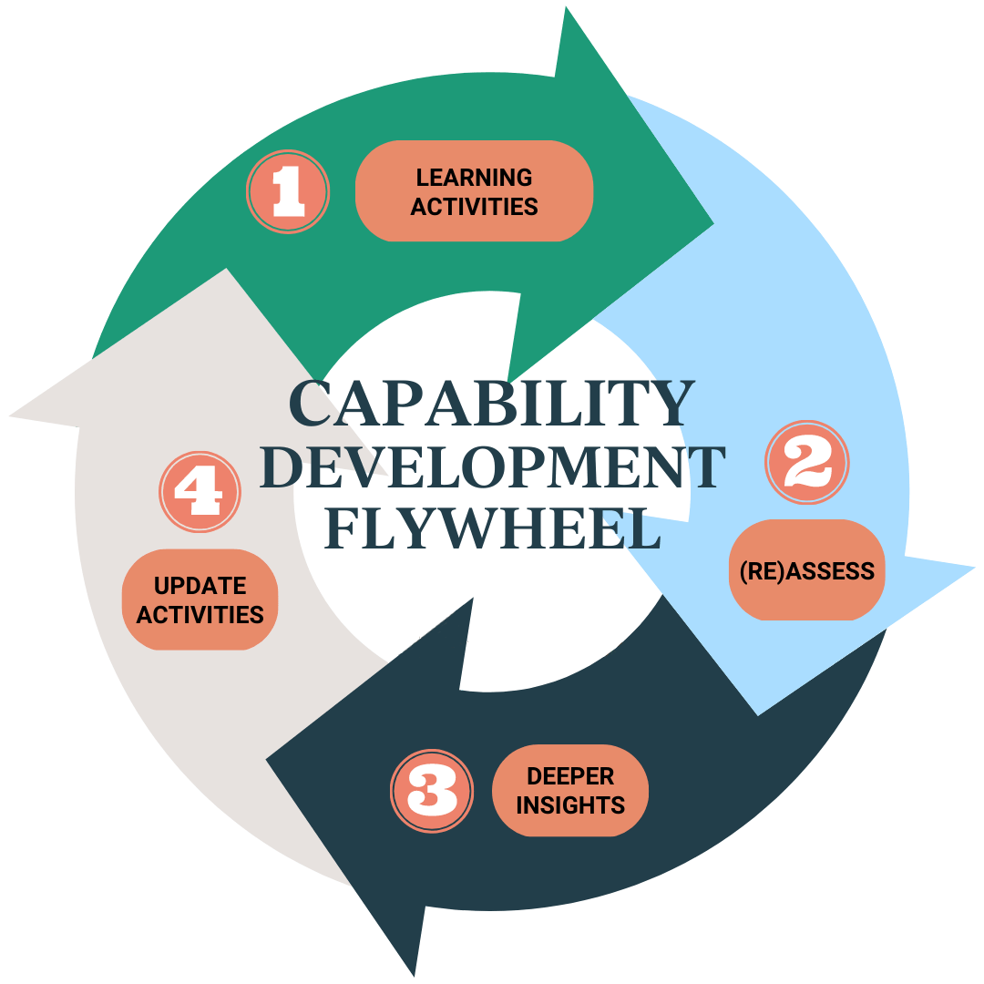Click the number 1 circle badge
pyautogui.click(x=288, y=192)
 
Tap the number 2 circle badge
pyautogui.click(x=807, y=463)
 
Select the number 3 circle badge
pyautogui.click(x=432, y=790)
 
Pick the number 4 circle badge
pyautogui.click(x=200, y=492)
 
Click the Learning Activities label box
pyautogui.click(x=474, y=191)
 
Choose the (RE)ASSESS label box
pyautogui.click(x=806, y=570)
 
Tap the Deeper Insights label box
pyautogui.click(x=570, y=790)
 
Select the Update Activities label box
pyautogui.click(x=200, y=600)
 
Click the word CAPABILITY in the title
pyautogui.click(x=491, y=405)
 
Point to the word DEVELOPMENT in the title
pyautogui.click(x=492, y=466)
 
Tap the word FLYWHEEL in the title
pyautogui.click(x=492, y=528)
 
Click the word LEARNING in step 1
pyautogui.click(x=474, y=177)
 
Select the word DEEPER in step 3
pyautogui.click(x=570, y=776)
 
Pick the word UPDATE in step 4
pyautogui.click(x=200, y=585)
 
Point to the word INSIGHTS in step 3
pyautogui.click(x=570, y=805)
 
